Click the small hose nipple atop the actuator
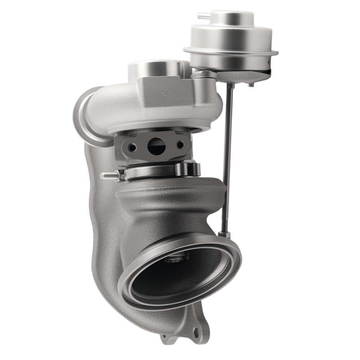coord(203,16)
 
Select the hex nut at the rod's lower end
coord(224,235)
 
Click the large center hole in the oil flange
coord(155,145)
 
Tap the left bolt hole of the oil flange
coord(133,147)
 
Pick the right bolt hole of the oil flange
coord(180,145)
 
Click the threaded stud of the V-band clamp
coord(108,176)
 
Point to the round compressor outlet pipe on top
coord(155,68)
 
